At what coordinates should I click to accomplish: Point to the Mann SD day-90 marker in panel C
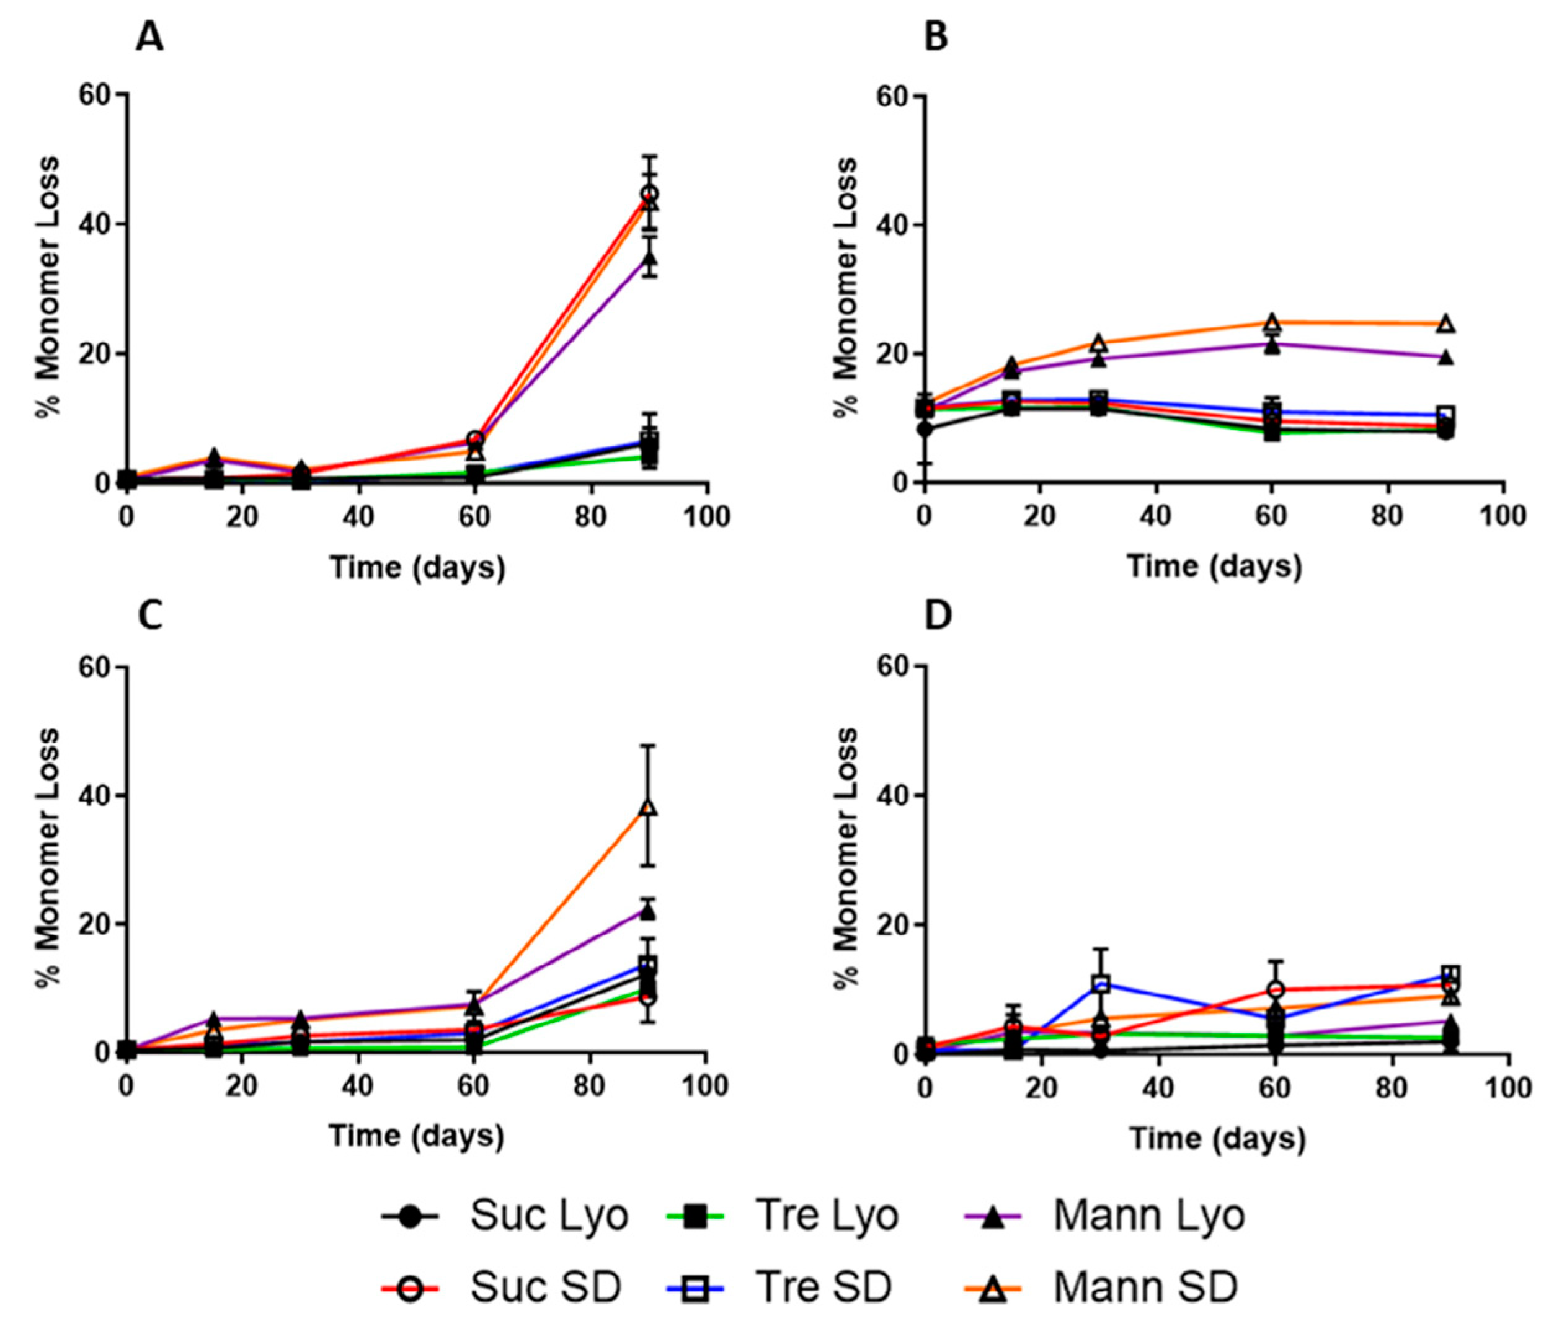(649, 808)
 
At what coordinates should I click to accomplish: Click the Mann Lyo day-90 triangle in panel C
(649, 912)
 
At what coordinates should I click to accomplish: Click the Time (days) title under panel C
(417, 1135)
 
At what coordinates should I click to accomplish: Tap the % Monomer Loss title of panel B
(846, 288)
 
